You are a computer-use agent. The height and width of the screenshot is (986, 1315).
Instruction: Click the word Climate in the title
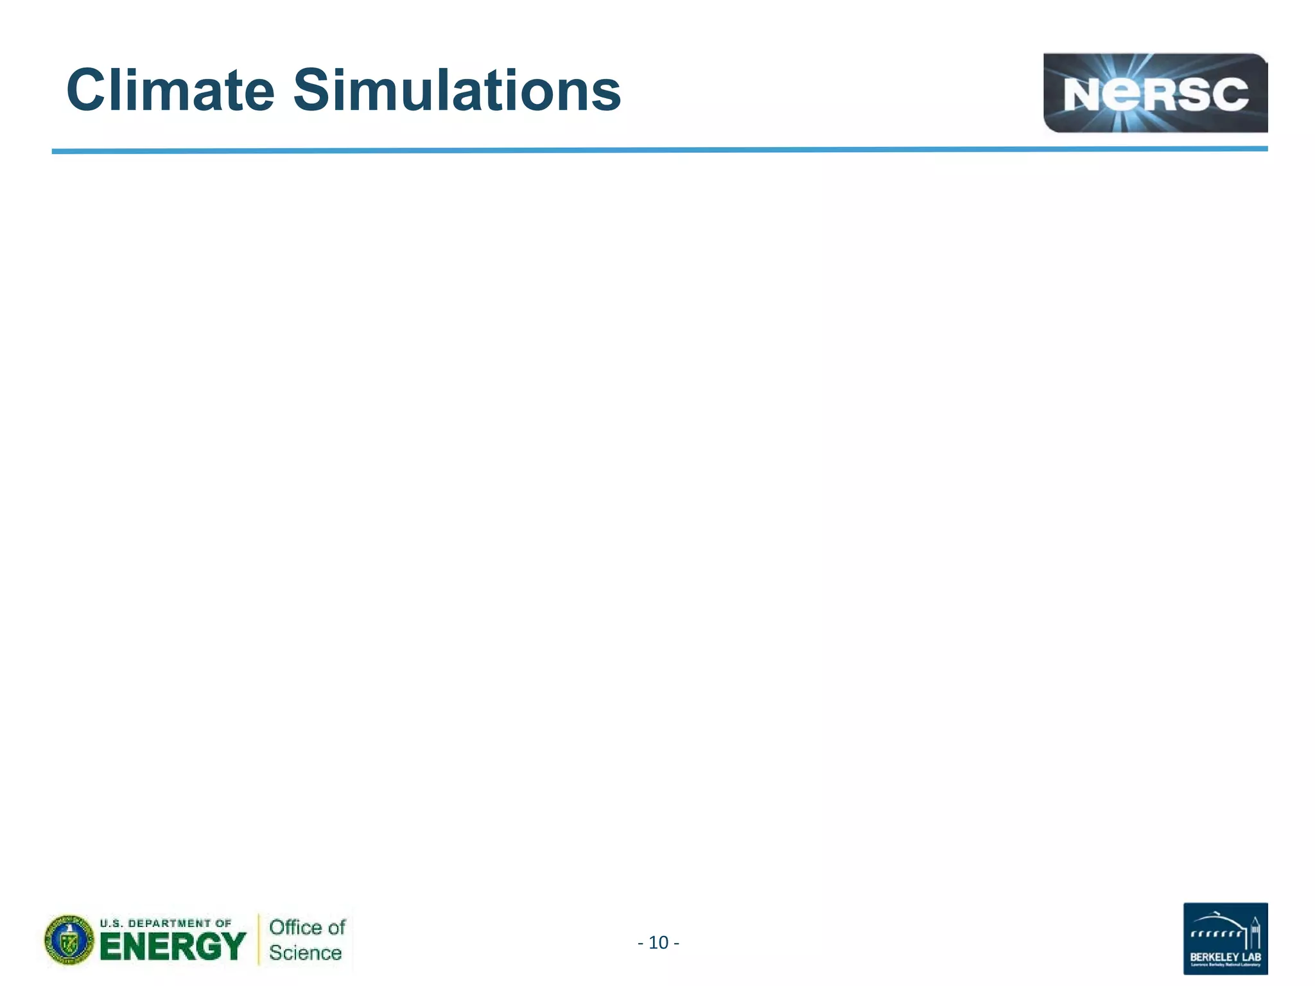tap(170, 91)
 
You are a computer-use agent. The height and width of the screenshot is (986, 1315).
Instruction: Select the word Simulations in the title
tap(457, 91)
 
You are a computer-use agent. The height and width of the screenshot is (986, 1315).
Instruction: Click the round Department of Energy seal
tap(69, 940)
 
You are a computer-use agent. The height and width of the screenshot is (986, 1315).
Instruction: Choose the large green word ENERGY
tap(172, 946)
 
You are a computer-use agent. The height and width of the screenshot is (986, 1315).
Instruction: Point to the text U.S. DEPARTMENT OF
tap(165, 923)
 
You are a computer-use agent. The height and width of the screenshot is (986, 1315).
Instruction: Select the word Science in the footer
tap(305, 953)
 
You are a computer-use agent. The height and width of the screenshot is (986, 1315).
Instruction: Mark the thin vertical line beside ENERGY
tap(259, 939)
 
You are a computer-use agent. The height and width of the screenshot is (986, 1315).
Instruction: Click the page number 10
tap(659, 942)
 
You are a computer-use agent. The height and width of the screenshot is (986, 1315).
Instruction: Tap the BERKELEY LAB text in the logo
tap(1225, 958)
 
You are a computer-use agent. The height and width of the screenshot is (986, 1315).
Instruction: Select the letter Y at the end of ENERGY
tap(233, 946)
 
